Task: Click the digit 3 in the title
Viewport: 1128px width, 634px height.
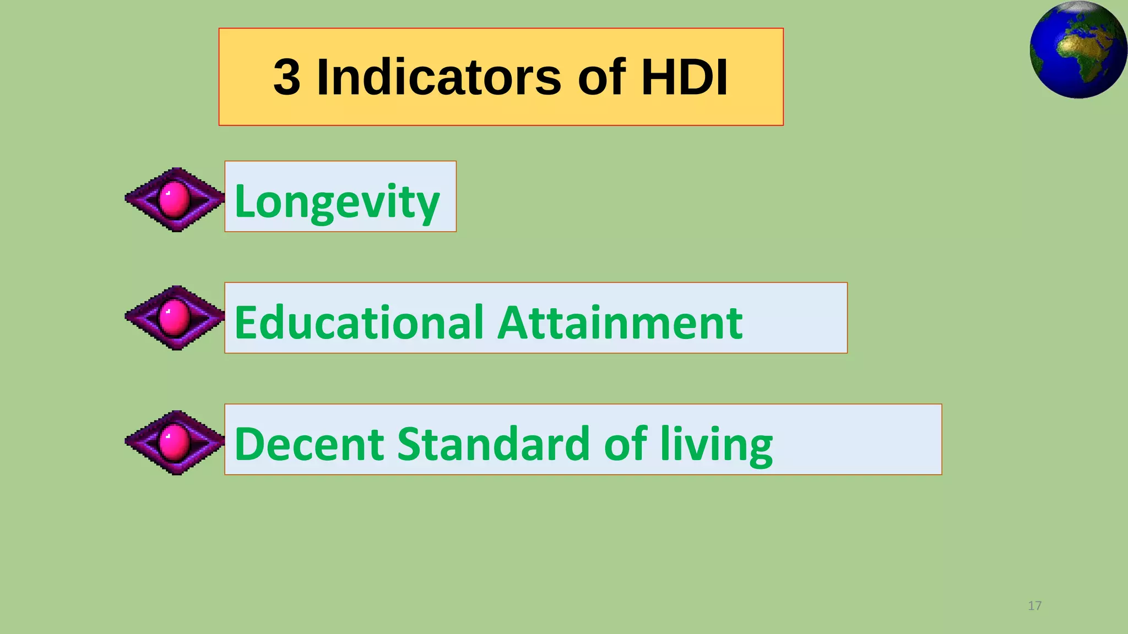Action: coord(287,77)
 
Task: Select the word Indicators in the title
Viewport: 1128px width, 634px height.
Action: coord(439,77)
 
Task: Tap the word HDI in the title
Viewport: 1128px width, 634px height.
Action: coord(684,77)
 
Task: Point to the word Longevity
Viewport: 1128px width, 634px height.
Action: coord(337,201)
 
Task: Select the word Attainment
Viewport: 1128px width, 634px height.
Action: coord(620,323)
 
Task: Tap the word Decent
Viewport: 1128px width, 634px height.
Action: coord(308,444)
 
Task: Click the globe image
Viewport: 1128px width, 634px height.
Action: coord(1078,50)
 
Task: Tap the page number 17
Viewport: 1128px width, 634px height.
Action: coord(1034,606)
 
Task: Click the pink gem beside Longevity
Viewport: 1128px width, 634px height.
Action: coord(174,199)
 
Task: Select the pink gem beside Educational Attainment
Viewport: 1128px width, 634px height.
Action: coord(174,318)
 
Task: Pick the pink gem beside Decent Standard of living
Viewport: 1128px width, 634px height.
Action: coord(174,442)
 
